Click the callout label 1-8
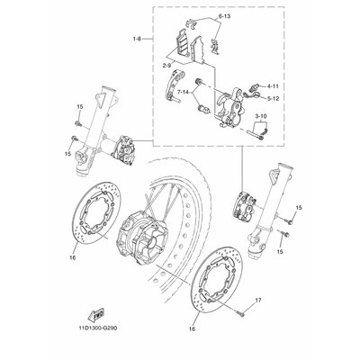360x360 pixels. point(138,39)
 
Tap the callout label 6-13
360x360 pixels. point(224,16)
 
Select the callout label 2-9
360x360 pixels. point(167,66)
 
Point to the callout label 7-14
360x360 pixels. point(183,92)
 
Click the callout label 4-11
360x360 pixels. point(273,86)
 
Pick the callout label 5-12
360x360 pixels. point(273,98)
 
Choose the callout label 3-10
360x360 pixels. point(261,115)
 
